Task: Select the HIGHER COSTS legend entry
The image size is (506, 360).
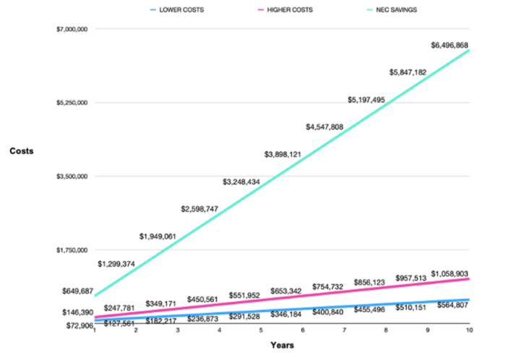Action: (283, 10)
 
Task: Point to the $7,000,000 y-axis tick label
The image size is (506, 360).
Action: (71, 29)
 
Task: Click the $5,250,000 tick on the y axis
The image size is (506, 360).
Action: (71, 103)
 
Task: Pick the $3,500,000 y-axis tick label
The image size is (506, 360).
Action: (71, 176)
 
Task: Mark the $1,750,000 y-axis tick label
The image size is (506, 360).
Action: (71, 250)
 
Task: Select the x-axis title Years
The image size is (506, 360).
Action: (282, 345)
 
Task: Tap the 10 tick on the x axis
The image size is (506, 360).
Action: (469, 330)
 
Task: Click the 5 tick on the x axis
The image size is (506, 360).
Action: (261, 330)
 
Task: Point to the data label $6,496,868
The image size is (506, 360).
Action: (455, 46)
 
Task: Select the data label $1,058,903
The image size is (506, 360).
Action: (455, 273)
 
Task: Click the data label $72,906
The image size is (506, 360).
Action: (78, 326)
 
